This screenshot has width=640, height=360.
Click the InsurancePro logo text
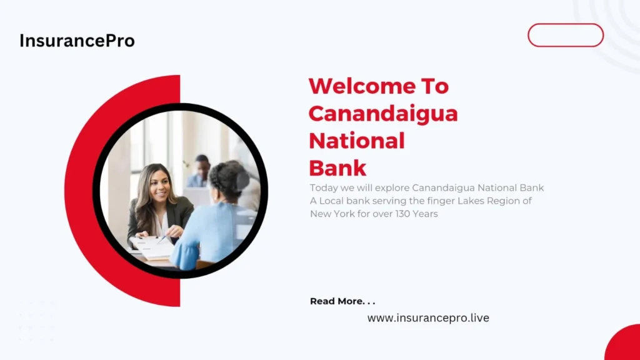coord(77,41)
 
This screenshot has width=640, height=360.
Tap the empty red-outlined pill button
coord(565,35)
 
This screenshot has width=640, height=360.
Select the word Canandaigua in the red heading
coord(383,114)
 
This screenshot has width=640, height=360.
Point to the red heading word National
coord(357,141)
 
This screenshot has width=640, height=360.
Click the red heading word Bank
coord(337,168)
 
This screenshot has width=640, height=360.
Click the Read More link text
coord(342,301)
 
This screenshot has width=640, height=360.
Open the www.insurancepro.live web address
coord(428,318)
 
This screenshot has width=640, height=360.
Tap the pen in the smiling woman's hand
coord(162,239)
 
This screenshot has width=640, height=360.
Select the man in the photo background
coord(199,171)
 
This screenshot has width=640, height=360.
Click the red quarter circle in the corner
coord(623,343)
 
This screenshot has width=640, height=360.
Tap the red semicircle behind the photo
coord(79,191)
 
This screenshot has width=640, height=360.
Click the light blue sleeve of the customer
coord(184,256)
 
